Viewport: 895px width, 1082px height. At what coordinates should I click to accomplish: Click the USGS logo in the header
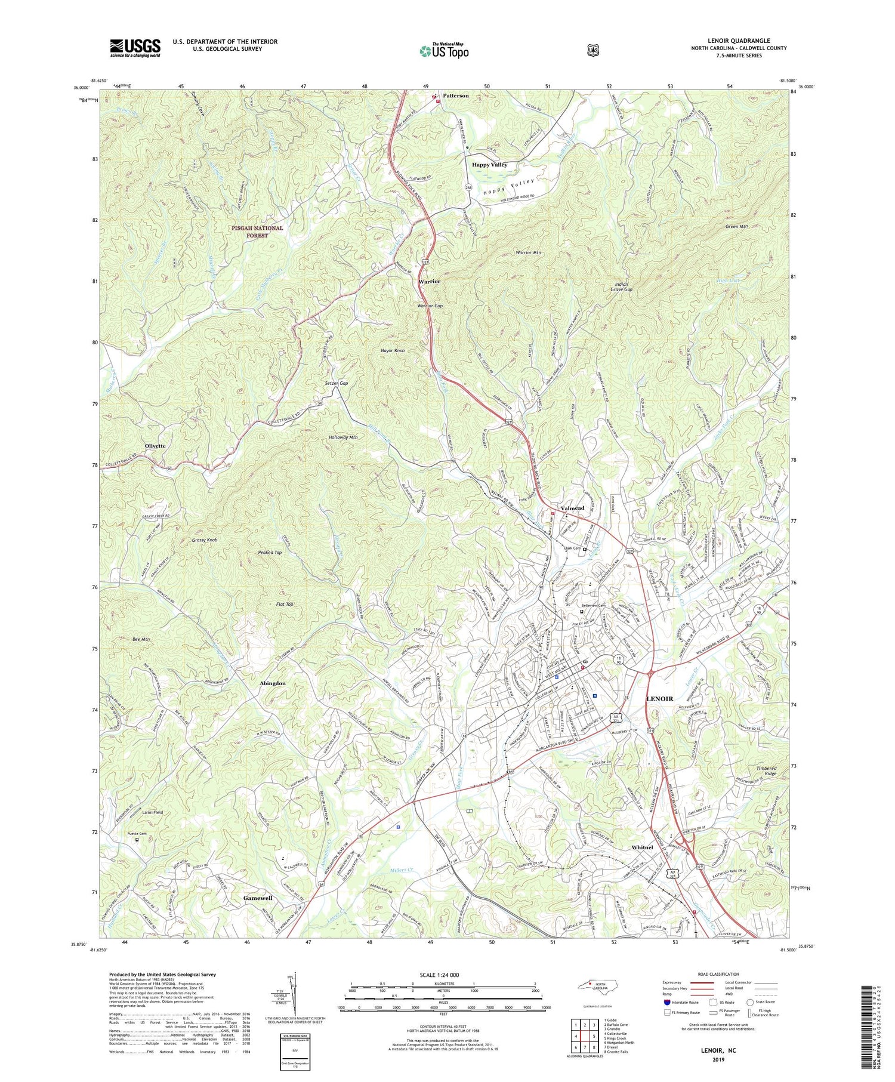coord(135,48)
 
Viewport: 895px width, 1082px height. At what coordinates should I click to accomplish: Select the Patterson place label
coord(456,95)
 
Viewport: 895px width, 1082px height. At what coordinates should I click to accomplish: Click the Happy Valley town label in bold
coord(489,164)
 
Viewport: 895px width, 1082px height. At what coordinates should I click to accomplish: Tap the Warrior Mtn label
coord(528,253)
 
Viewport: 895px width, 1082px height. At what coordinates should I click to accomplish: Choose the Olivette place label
coord(155,446)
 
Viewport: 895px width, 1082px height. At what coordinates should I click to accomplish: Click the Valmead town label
coord(572,508)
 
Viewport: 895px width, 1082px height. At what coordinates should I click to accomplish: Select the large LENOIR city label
coord(660,698)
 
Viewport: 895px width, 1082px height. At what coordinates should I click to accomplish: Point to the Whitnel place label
coord(642,847)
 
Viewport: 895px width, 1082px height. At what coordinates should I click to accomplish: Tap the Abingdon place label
coord(273,683)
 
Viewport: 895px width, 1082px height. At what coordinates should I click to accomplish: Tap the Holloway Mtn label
coord(343,437)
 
